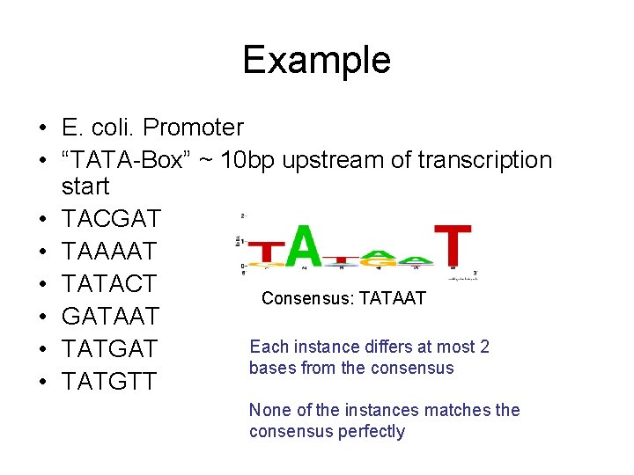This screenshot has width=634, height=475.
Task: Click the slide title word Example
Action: tap(316, 60)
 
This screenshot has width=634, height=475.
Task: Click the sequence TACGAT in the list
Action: tap(110, 219)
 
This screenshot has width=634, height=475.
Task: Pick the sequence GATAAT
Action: tap(111, 317)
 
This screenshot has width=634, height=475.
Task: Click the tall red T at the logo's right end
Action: tap(453, 245)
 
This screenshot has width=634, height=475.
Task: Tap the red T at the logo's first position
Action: tap(265, 255)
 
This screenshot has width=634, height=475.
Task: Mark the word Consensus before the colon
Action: tap(300, 299)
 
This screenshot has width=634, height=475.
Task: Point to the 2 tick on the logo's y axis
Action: tap(243, 216)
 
